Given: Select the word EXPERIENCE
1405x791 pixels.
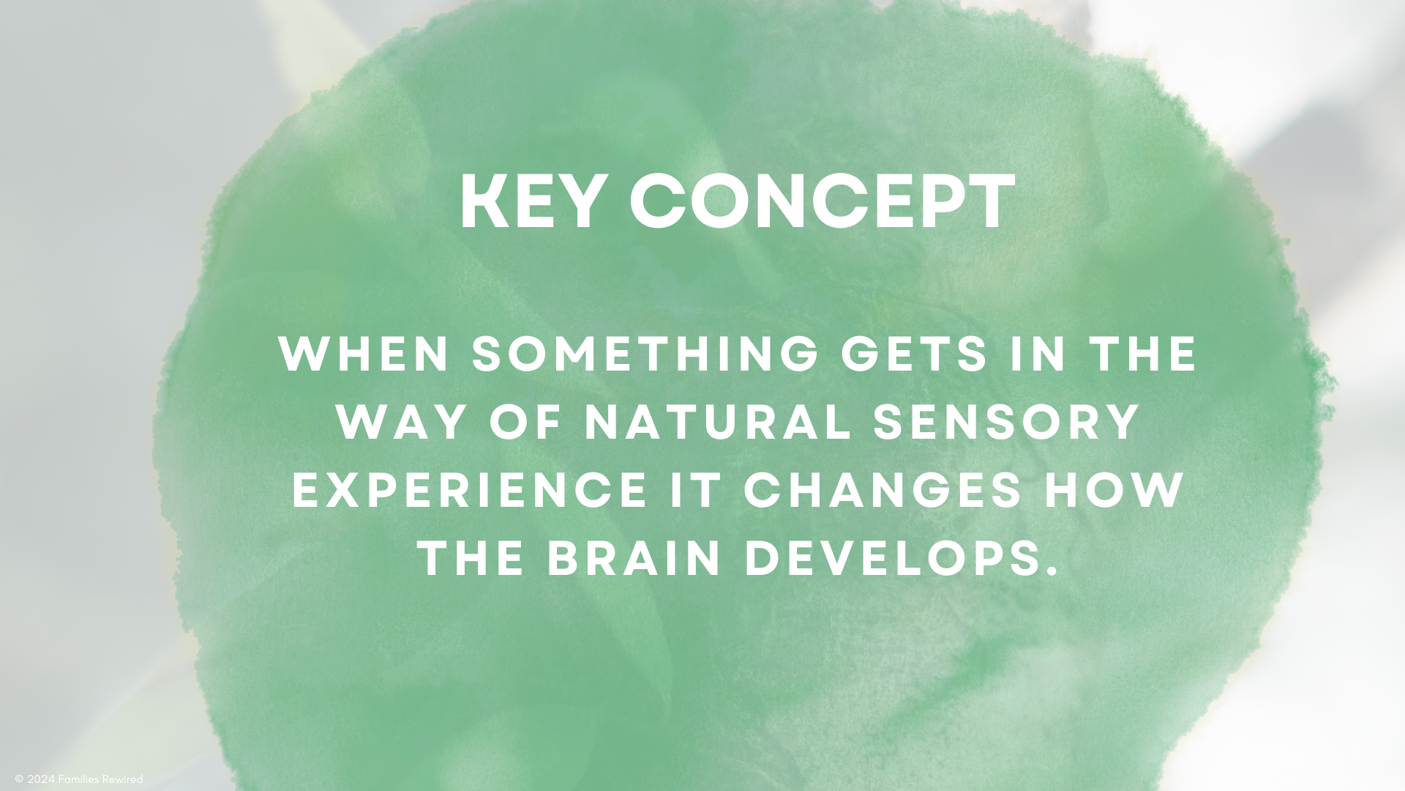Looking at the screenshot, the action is pyautogui.click(x=468, y=491).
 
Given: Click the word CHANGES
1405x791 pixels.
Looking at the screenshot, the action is pyautogui.click(x=883, y=491).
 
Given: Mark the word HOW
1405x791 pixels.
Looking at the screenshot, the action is pyautogui.click(x=1113, y=491).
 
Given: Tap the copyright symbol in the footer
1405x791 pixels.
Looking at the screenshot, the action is pyautogui.click(x=19, y=780).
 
